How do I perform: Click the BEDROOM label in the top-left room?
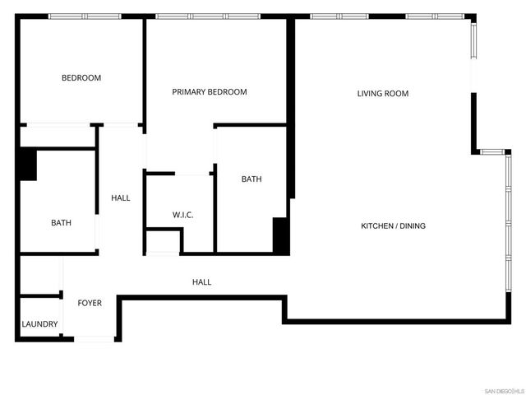[81, 78]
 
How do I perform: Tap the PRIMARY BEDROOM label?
[209, 92]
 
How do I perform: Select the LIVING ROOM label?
[382, 94]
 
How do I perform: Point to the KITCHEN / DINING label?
[394, 226]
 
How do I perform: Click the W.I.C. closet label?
[182, 216]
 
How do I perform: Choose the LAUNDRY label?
[39, 324]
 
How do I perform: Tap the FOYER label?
[90, 304]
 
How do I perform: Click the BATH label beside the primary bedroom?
[251, 179]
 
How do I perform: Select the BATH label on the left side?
[61, 223]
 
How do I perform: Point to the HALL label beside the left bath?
[121, 197]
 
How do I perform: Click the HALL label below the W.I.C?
[201, 282]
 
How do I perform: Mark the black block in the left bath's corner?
[28, 164]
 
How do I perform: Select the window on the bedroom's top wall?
[85, 16]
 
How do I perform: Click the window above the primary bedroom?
[207, 16]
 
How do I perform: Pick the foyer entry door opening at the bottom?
[95, 338]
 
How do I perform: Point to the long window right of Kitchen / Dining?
[508, 230]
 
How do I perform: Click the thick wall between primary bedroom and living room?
[290, 107]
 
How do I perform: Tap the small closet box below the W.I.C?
[163, 243]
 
